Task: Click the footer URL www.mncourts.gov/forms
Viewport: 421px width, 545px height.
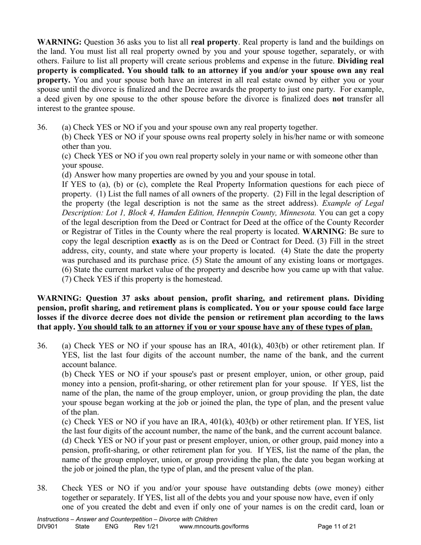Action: coord(214,527)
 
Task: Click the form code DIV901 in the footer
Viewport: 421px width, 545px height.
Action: coord(47,527)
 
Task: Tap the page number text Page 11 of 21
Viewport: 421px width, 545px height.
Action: coord(337,527)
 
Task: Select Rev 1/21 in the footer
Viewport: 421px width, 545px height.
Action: coord(146,527)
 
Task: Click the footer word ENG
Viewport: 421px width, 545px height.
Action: coord(112,527)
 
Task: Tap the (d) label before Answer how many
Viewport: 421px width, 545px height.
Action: coord(67,175)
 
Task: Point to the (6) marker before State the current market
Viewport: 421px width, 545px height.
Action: coord(67,269)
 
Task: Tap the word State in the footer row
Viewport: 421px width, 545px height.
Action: coord(82,527)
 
